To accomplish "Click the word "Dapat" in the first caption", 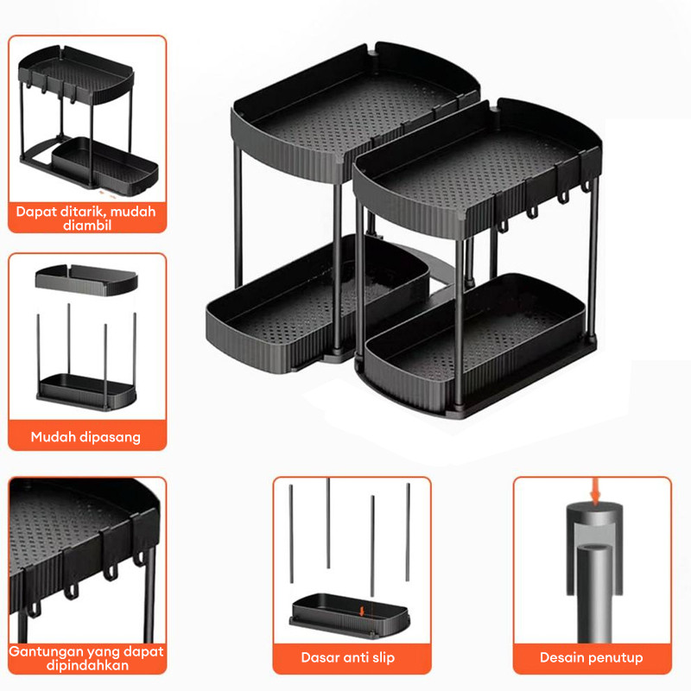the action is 36,212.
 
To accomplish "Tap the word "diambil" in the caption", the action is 87,225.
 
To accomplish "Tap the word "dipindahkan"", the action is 87,665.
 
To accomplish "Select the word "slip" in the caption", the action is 383,657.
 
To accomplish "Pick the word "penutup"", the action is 616,658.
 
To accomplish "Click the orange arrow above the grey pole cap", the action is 595,491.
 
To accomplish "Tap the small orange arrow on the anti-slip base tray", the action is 362,612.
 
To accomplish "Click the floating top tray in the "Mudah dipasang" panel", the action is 86,280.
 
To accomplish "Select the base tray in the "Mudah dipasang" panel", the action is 86,392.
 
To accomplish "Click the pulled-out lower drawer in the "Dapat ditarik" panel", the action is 105,166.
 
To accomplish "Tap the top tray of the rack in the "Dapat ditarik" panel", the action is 76,74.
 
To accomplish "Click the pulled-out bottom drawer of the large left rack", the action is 316,304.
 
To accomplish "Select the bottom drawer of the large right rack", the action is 474,344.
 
